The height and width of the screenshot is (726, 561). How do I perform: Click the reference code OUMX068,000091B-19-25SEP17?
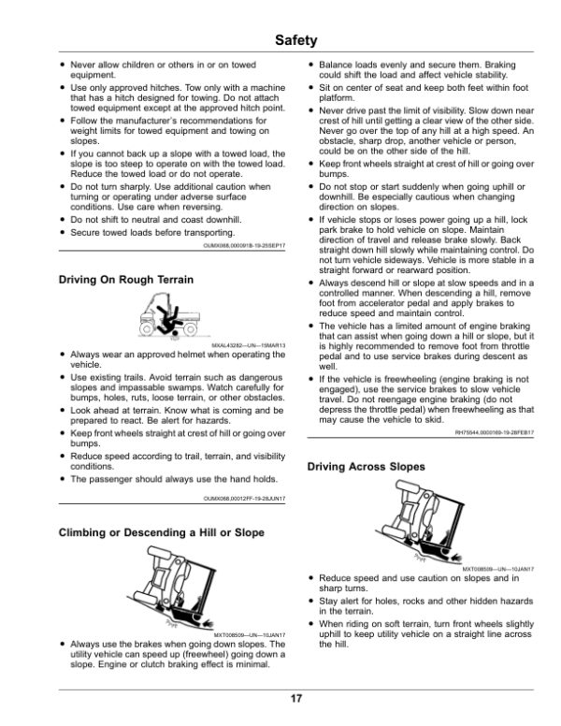tap(244, 245)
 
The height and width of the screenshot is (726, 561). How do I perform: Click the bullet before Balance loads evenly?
tap(311, 65)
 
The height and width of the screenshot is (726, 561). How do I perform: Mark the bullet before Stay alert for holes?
tap(311, 604)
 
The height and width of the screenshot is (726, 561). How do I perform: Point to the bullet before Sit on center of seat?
tap(311, 87)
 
